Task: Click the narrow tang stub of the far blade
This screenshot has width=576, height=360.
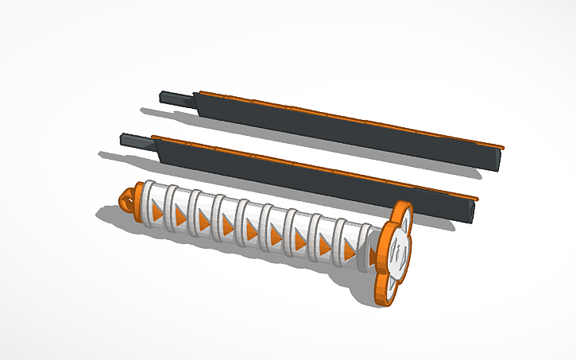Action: click(x=176, y=98)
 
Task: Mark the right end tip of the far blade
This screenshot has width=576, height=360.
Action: click(x=500, y=158)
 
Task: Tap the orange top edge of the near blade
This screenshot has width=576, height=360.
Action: click(x=318, y=165)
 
